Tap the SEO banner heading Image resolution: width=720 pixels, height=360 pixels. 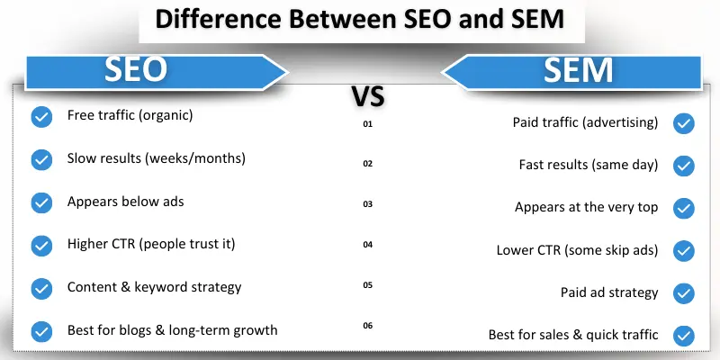pyautogui.click(x=136, y=71)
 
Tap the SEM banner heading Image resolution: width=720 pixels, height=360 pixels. pyautogui.click(x=577, y=71)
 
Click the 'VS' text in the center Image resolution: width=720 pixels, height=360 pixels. pyautogui.click(x=367, y=97)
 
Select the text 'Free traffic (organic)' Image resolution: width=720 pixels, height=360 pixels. pyautogui.click(x=130, y=116)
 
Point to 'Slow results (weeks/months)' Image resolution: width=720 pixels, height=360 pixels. pyautogui.click(x=156, y=158)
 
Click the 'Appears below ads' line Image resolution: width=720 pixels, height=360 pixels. pyautogui.click(x=125, y=202)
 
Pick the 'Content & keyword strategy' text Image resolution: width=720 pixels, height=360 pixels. pyautogui.click(x=154, y=288)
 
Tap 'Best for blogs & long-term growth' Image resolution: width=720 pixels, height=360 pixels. pyautogui.click(x=172, y=330)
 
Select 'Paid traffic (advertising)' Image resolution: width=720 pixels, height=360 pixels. pyautogui.click(x=586, y=122)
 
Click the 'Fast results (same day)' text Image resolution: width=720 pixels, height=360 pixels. pyautogui.click(x=589, y=166)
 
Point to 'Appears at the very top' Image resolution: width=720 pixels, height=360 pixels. pyautogui.click(x=586, y=208)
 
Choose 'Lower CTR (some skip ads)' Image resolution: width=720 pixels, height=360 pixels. pyautogui.click(x=577, y=250)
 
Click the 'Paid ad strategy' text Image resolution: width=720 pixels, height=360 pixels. pyautogui.click(x=609, y=293)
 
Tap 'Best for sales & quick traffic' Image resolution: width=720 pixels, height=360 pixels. pyautogui.click(x=573, y=336)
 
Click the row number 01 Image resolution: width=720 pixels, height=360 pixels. pyautogui.click(x=367, y=123)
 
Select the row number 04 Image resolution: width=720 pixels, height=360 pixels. pyautogui.click(x=367, y=245)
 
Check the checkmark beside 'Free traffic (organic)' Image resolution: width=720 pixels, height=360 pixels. pyautogui.click(x=40, y=117)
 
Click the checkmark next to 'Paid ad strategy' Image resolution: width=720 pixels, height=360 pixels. pyautogui.click(x=684, y=293)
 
